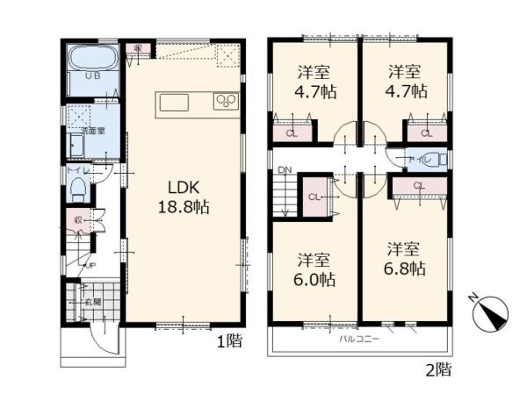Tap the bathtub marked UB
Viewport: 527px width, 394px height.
point(92,64)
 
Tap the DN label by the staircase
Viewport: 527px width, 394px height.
point(284,169)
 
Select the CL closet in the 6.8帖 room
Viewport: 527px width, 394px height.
point(418,185)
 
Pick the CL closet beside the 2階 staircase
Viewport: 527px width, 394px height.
point(314,196)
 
